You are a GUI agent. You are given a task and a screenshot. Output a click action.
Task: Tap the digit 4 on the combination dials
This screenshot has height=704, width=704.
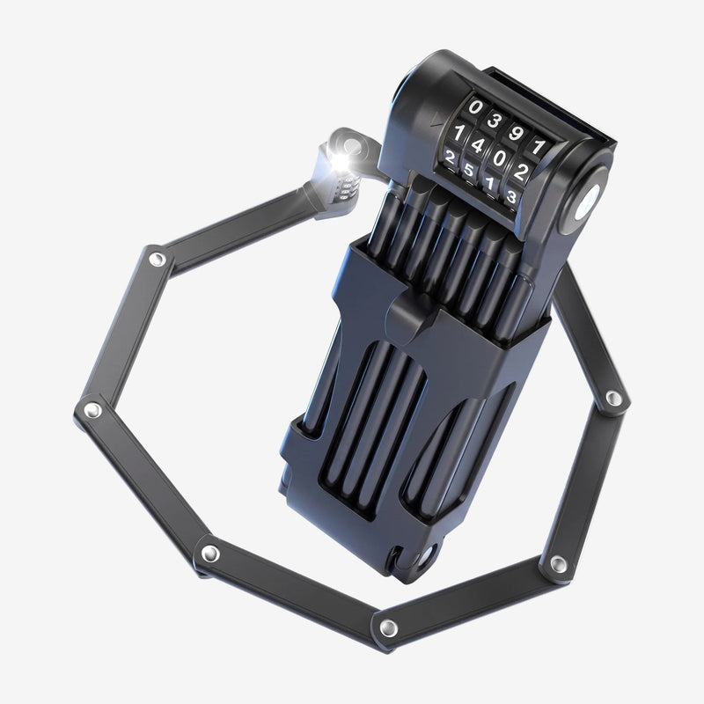[478, 145]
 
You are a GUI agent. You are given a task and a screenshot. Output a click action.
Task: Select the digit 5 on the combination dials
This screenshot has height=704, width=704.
[469, 170]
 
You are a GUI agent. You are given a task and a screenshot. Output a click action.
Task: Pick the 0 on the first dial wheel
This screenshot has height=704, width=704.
[475, 106]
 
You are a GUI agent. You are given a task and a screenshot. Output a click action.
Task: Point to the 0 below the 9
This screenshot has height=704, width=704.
[499, 158]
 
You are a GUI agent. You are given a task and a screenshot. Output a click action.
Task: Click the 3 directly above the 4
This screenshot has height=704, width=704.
[494, 121]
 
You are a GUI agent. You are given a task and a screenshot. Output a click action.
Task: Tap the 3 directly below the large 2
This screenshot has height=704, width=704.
[511, 196]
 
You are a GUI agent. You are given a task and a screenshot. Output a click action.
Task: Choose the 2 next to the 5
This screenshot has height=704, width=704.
[450, 158]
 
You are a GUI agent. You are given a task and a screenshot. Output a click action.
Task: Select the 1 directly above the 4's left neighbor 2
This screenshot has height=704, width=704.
[458, 133]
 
